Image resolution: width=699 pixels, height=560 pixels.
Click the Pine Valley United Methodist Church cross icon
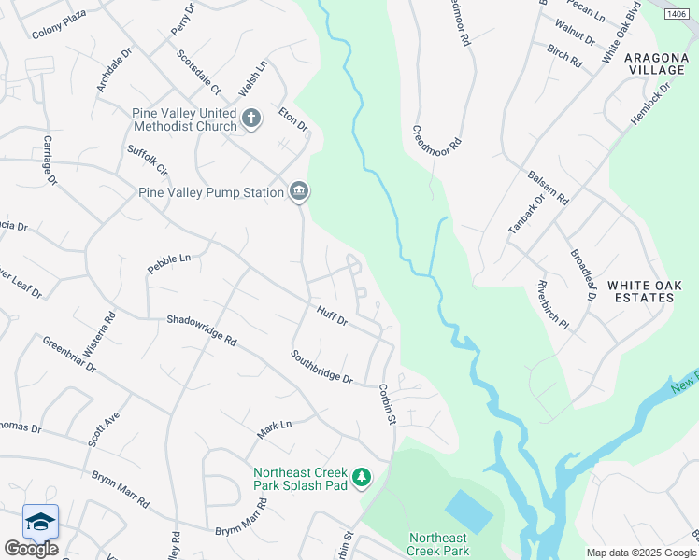coord(250,119)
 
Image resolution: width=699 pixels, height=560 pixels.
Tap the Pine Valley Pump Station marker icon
coord(299,192)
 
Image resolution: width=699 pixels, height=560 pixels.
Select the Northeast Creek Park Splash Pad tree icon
coord(361,479)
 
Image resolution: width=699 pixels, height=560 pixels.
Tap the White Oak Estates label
coord(640,290)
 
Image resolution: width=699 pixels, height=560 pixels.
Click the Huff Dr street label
coord(332,317)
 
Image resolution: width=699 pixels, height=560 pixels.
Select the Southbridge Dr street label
coord(321,367)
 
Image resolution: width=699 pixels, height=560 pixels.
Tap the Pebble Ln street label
coord(168,263)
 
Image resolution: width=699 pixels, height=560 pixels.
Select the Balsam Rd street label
coord(548,187)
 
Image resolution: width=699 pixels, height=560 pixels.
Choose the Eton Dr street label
coord(292,119)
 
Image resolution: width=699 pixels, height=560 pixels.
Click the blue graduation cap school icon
coord(40,522)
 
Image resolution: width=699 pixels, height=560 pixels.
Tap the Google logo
coord(31,549)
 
